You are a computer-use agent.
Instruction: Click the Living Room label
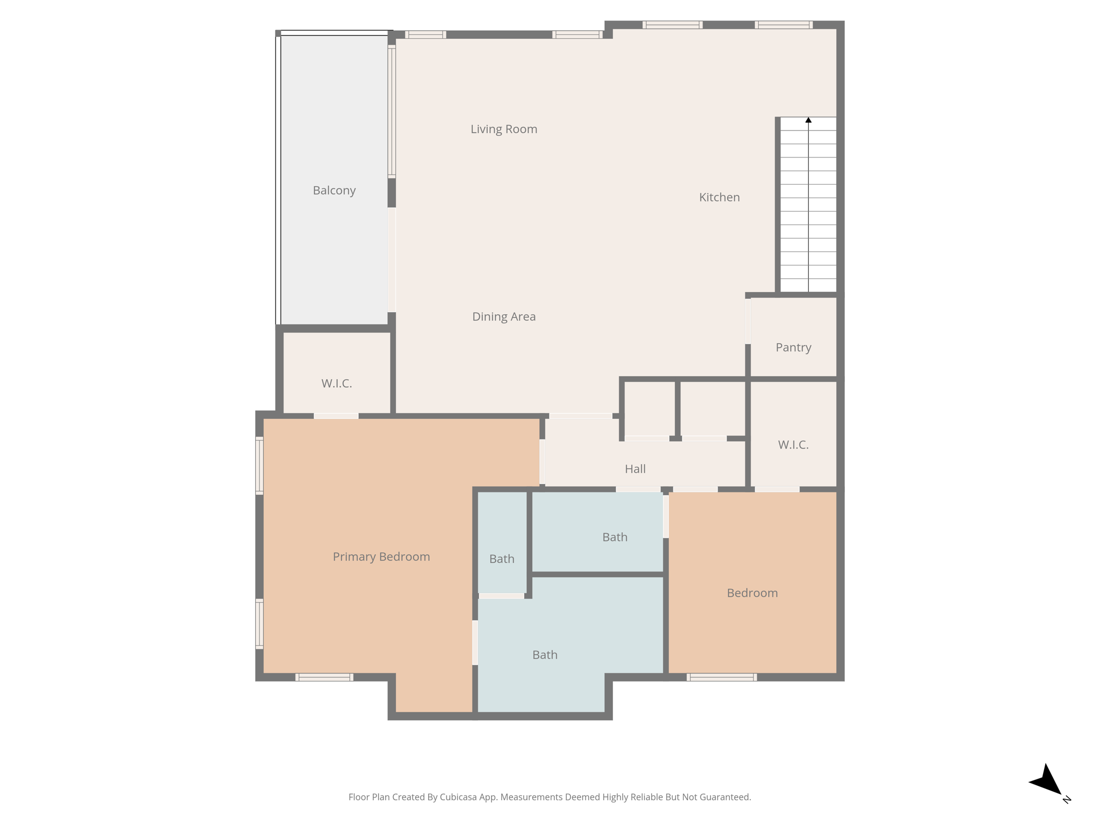tap(504, 129)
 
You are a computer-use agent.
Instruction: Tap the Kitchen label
tap(719, 197)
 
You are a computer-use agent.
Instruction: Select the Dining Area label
tap(504, 316)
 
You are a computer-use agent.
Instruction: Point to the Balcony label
tap(334, 190)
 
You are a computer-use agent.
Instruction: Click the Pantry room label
tap(793, 347)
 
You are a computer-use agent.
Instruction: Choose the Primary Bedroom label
tap(381, 556)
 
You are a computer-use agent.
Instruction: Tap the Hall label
tap(635, 469)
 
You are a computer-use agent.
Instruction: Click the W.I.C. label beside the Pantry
tap(793, 445)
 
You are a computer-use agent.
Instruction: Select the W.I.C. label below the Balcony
tap(337, 383)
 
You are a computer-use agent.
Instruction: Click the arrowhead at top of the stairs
tap(808, 120)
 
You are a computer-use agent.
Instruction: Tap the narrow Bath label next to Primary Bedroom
tap(502, 559)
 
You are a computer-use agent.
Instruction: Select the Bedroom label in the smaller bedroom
tap(752, 593)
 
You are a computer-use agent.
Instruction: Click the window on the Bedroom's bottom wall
tap(722, 677)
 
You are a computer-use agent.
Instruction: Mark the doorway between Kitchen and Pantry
tap(748, 321)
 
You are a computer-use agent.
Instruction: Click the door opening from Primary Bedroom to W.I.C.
tap(336, 416)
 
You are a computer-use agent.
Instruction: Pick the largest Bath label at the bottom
tap(545, 655)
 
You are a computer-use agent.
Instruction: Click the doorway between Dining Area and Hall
tap(581, 416)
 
